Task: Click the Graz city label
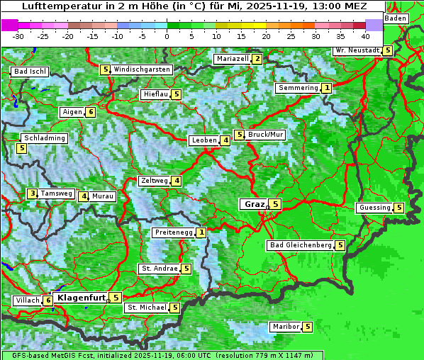click(x=253, y=204)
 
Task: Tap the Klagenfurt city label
click(x=81, y=298)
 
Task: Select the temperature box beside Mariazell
click(x=257, y=59)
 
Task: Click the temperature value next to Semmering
click(x=326, y=88)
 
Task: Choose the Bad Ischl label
click(x=30, y=72)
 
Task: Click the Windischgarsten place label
click(x=142, y=69)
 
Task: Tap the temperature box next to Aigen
click(x=91, y=112)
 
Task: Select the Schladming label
click(x=45, y=138)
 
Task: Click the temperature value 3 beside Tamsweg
click(x=32, y=193)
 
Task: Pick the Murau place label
click(x=104, y=196)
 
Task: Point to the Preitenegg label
click(x=174, y=232)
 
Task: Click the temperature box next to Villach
click(x=48, y=300)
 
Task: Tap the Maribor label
click(x=284, y=327)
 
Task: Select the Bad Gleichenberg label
click(x=301, y=245)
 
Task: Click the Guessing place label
click(x=374, y=208)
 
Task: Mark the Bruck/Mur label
click(x=266, y=135)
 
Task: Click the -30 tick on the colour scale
click(x=18, y=35)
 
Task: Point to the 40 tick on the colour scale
click(x=365, y=35)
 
